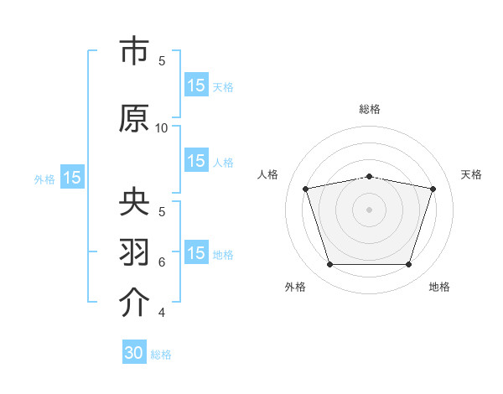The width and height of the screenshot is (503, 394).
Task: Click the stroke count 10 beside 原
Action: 162,127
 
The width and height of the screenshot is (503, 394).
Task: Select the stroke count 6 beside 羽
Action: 162,262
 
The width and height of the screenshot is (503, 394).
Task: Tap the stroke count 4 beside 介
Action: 162,313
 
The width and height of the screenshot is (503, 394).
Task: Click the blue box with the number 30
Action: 134,353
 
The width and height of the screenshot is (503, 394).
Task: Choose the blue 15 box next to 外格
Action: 71,178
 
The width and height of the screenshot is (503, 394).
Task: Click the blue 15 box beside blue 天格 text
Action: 196,85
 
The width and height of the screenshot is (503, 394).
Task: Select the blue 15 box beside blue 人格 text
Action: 196,161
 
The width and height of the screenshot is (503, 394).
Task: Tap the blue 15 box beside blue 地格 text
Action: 196,253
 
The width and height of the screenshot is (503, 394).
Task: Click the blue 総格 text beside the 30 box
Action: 161,355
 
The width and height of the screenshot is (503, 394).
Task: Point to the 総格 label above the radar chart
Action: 369,109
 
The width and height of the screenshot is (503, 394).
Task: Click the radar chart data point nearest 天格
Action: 433,189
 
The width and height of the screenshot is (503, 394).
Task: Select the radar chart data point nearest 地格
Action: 408,265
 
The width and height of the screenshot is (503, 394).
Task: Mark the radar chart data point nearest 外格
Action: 329,265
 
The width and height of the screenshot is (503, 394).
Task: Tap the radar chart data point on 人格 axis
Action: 305,189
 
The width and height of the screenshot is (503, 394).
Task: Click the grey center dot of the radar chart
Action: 369,210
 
